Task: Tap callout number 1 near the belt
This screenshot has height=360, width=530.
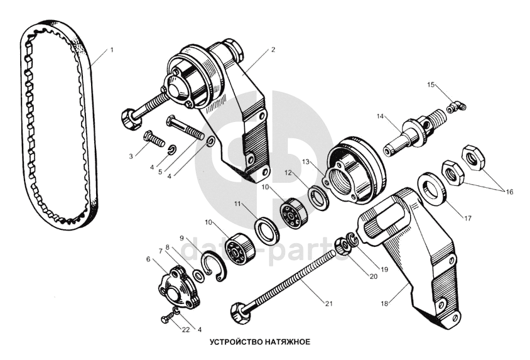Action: point(112,50)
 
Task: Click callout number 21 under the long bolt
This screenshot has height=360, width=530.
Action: point(328,303)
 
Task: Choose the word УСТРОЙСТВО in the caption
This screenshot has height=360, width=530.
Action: point(234,342)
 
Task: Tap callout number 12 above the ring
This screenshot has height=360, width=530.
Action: point(288,172)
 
